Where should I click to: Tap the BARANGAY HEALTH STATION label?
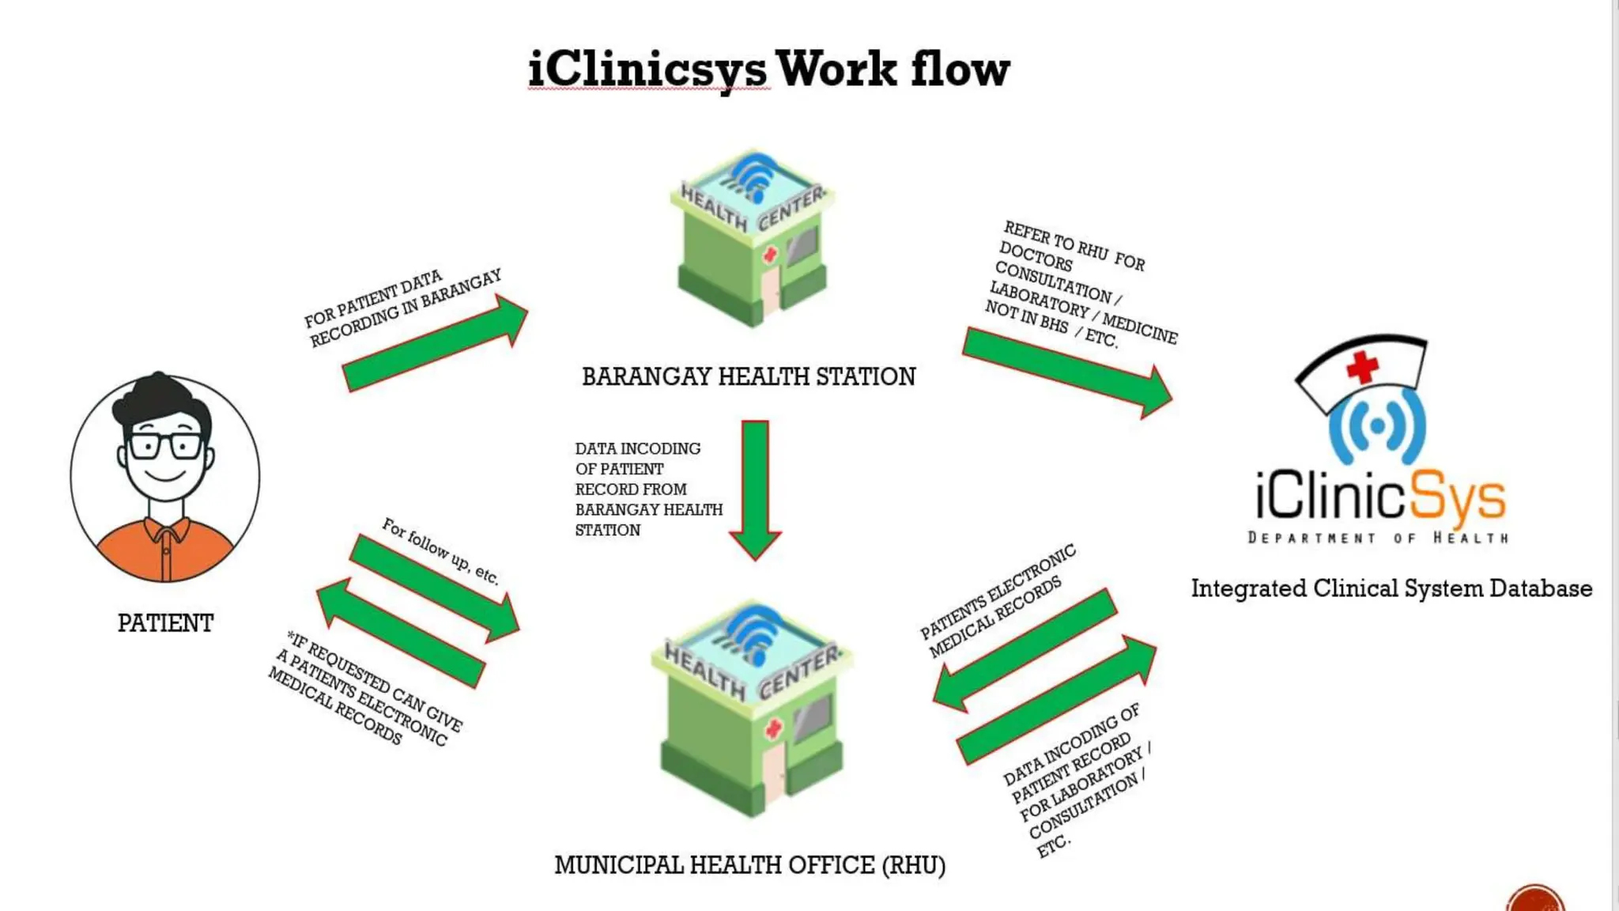(x=748, y=376)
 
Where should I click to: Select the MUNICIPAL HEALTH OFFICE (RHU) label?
(x=749, y=865)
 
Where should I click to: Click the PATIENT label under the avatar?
(x=165, y=623)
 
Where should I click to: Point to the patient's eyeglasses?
(x=165, y=446)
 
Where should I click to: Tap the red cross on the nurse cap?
(x=1362, y=367)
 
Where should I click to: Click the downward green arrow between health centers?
(x=755, y=490)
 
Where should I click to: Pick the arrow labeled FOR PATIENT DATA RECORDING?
(x=435, y=344)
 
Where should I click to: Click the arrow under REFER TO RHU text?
(x=1067, y=372)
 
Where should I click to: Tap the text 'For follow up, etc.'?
(x=440, y=551)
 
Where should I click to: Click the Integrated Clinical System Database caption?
(x=1391, y=588)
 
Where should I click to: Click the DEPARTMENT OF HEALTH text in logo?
(x=1378, y=538)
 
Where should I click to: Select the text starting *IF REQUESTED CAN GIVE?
(x=366, y=688)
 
